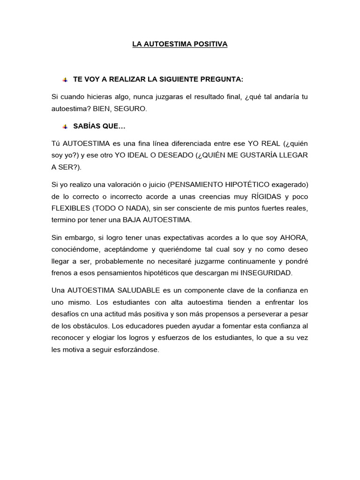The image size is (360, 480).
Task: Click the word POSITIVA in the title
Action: point(210,44)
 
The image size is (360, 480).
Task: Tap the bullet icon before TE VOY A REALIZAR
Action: point(65,80)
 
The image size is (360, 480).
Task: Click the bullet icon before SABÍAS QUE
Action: point(65,127)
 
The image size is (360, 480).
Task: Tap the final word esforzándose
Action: point(133,349)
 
